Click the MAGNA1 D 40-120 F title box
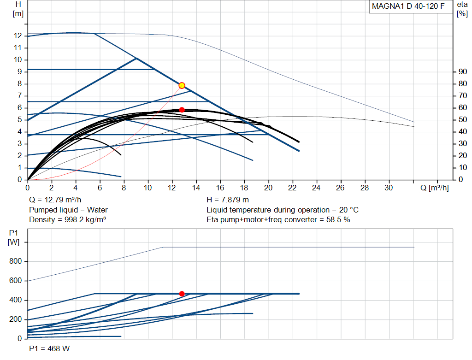411,6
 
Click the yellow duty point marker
182,85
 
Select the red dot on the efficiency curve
182,110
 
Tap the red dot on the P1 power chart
182,294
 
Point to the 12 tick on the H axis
18,36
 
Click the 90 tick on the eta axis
463,71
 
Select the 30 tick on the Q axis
389,188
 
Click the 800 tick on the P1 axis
15,261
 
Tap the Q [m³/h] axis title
434,188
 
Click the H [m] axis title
18,9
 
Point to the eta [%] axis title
462,9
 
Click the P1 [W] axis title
13,237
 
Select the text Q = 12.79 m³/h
55,200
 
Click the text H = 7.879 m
228,200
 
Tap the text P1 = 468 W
49,348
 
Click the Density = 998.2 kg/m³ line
67,220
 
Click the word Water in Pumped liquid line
97,210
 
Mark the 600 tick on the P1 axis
15,281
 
